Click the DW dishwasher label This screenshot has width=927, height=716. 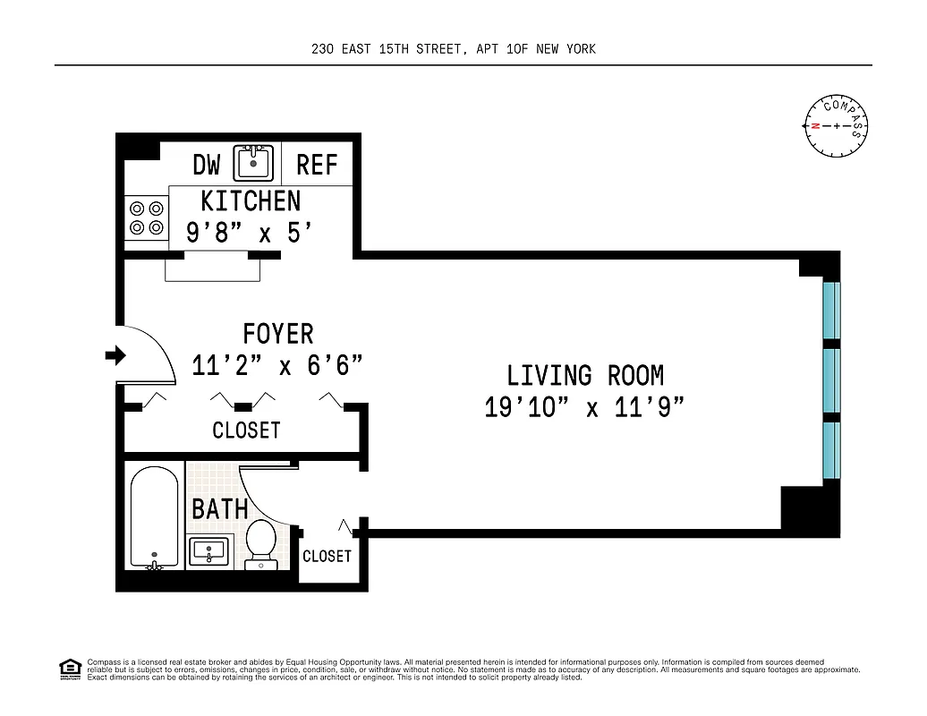coord(207,165)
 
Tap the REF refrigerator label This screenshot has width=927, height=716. coord(317,165)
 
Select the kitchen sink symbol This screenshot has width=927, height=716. coord(253,163)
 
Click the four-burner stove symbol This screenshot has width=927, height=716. coord(147,217)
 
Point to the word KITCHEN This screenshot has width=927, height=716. coord(251,200)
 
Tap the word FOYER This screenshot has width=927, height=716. coord(278,334)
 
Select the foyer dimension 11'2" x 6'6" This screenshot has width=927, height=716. coord(278,365)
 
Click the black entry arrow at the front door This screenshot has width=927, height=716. coord(115,356)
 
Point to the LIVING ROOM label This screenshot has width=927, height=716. coord(585,375)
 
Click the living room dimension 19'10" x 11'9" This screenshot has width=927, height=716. coord(585,407)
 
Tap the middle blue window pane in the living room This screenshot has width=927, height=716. coord(831,379)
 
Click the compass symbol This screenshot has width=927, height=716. coord(837,124)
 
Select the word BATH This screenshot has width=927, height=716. coord(220,509)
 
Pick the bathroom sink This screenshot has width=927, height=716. coord(208,551)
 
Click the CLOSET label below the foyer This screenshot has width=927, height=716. coord(246,430)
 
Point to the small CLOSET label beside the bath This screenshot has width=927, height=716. coord(327,556)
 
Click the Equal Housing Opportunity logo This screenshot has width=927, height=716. coord(70,669)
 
